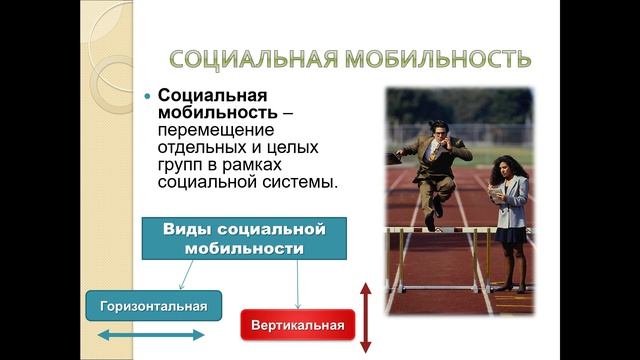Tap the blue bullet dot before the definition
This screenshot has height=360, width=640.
point(149,96)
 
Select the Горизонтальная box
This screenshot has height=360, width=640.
point(153,305)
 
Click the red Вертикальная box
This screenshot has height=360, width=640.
point(297,325)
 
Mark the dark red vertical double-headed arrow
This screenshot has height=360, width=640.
point(366,317)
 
